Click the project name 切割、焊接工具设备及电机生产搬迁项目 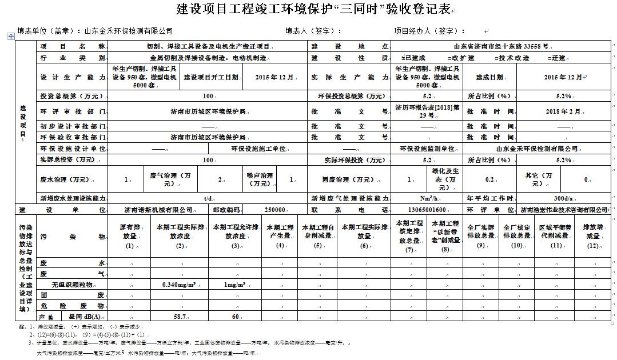click(x=208, y=46)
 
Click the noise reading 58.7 click(x=181, y=316)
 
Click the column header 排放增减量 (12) click(x=592, y=235)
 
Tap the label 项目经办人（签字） click(x=429, y=31)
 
